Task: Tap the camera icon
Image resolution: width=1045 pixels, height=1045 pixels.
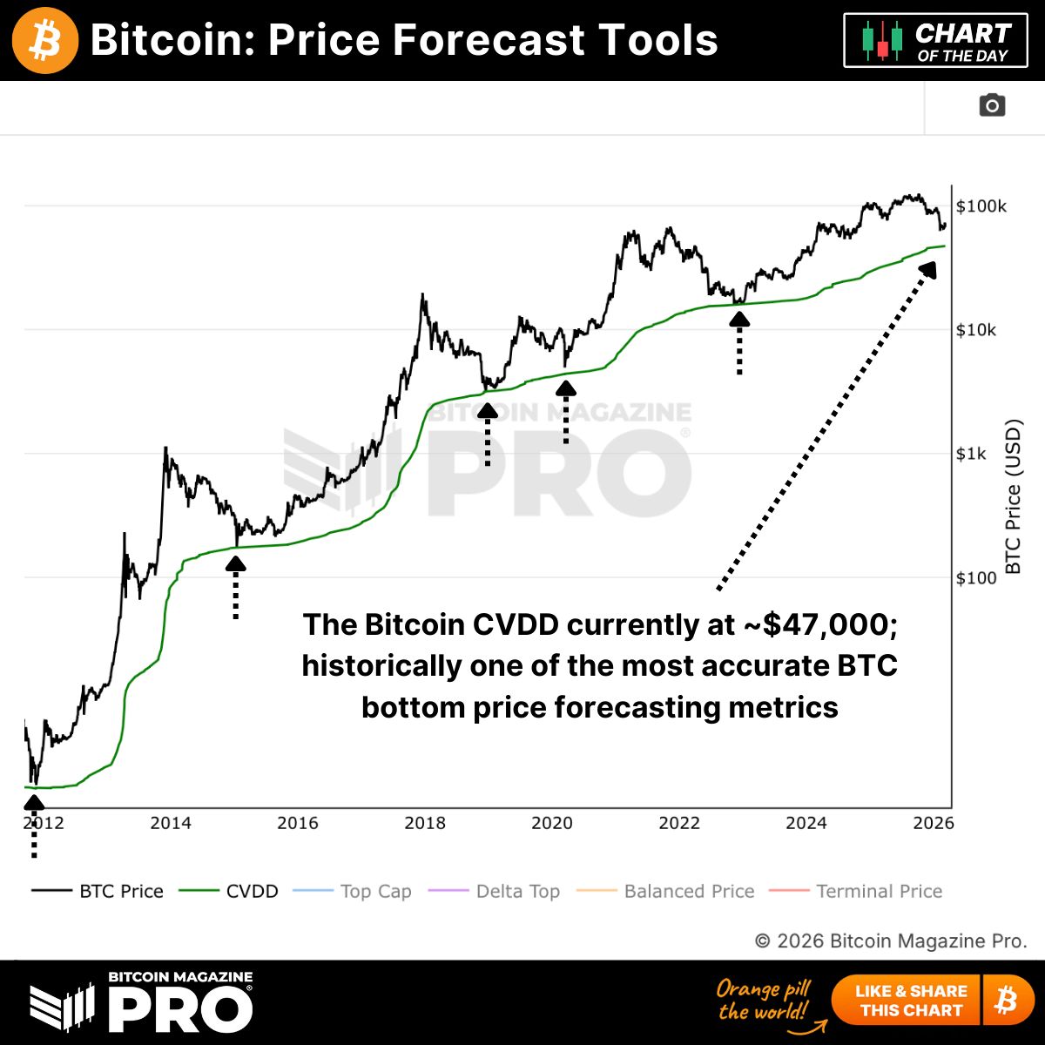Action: pos(992,105)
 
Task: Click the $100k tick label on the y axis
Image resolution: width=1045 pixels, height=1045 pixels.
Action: pos(981,206)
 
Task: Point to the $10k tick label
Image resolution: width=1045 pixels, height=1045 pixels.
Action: pos(976,330)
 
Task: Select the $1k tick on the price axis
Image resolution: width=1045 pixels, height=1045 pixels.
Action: pos(971,454)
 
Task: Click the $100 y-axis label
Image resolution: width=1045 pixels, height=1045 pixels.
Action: pos(976,577)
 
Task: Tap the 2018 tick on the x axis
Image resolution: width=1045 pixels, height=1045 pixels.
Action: pos(425,823)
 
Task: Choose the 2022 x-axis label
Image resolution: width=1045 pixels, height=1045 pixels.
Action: pos(679,823)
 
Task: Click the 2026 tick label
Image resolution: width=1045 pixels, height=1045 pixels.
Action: pos(934,823)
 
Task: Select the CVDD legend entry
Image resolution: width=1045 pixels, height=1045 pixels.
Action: pos(251,891)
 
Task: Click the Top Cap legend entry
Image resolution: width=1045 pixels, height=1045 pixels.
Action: pos(374,891)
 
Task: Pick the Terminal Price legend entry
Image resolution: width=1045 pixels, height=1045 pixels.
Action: pos(878,891)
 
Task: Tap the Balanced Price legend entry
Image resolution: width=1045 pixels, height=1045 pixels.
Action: pos(688,891)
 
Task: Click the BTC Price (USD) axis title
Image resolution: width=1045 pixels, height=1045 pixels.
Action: pos(1013,497)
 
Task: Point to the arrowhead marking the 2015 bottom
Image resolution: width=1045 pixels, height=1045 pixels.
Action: pos(235,563)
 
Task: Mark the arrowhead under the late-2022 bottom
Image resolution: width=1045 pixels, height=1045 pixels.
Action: pos(739,320)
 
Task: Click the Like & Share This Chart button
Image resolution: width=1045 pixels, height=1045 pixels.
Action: pos(910,1001)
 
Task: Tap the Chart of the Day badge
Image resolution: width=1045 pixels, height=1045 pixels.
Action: pos(935,41)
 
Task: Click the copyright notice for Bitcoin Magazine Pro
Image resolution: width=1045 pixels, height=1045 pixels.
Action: pos(890,940)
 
